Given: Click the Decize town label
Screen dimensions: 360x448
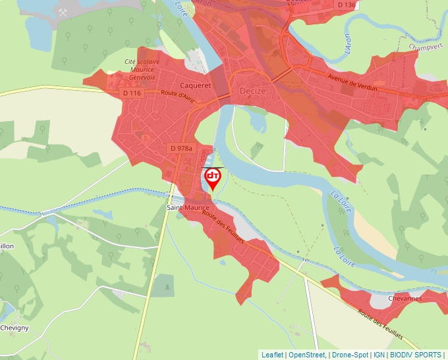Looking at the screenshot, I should click(x=253, y=91).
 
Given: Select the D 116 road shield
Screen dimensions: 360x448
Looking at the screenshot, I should click(x=132, y=93).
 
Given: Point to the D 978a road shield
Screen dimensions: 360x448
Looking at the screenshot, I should click(x=181, y=149).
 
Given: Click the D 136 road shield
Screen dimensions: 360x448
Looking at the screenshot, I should click(x=346, y=5).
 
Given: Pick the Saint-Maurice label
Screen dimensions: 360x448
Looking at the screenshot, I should click(x=187, y=208).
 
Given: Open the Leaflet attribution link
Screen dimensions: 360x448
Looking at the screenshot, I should click(x=272, y=355).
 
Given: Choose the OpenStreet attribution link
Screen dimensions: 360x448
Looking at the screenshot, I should click(x=307, y=355).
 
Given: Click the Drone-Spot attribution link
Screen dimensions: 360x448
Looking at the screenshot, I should click(x=350, y=355).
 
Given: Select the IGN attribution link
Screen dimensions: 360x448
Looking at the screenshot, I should click(x=379, y=355).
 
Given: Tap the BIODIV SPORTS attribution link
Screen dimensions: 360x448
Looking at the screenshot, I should click(x=416, y=355).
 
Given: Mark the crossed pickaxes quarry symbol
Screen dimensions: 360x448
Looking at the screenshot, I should click(x=63, y=13).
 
